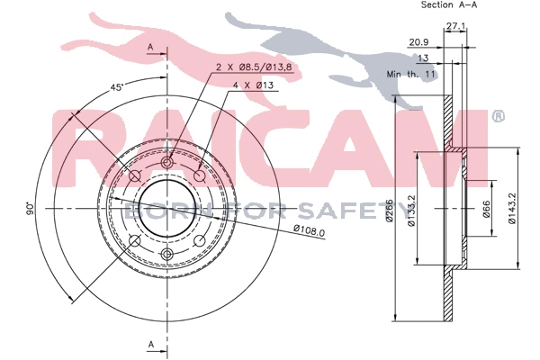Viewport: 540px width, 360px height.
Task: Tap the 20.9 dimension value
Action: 417,41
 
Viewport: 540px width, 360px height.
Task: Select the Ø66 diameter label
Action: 487,211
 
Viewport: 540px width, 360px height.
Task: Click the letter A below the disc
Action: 151,345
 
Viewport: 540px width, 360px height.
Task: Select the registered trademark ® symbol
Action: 498,116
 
